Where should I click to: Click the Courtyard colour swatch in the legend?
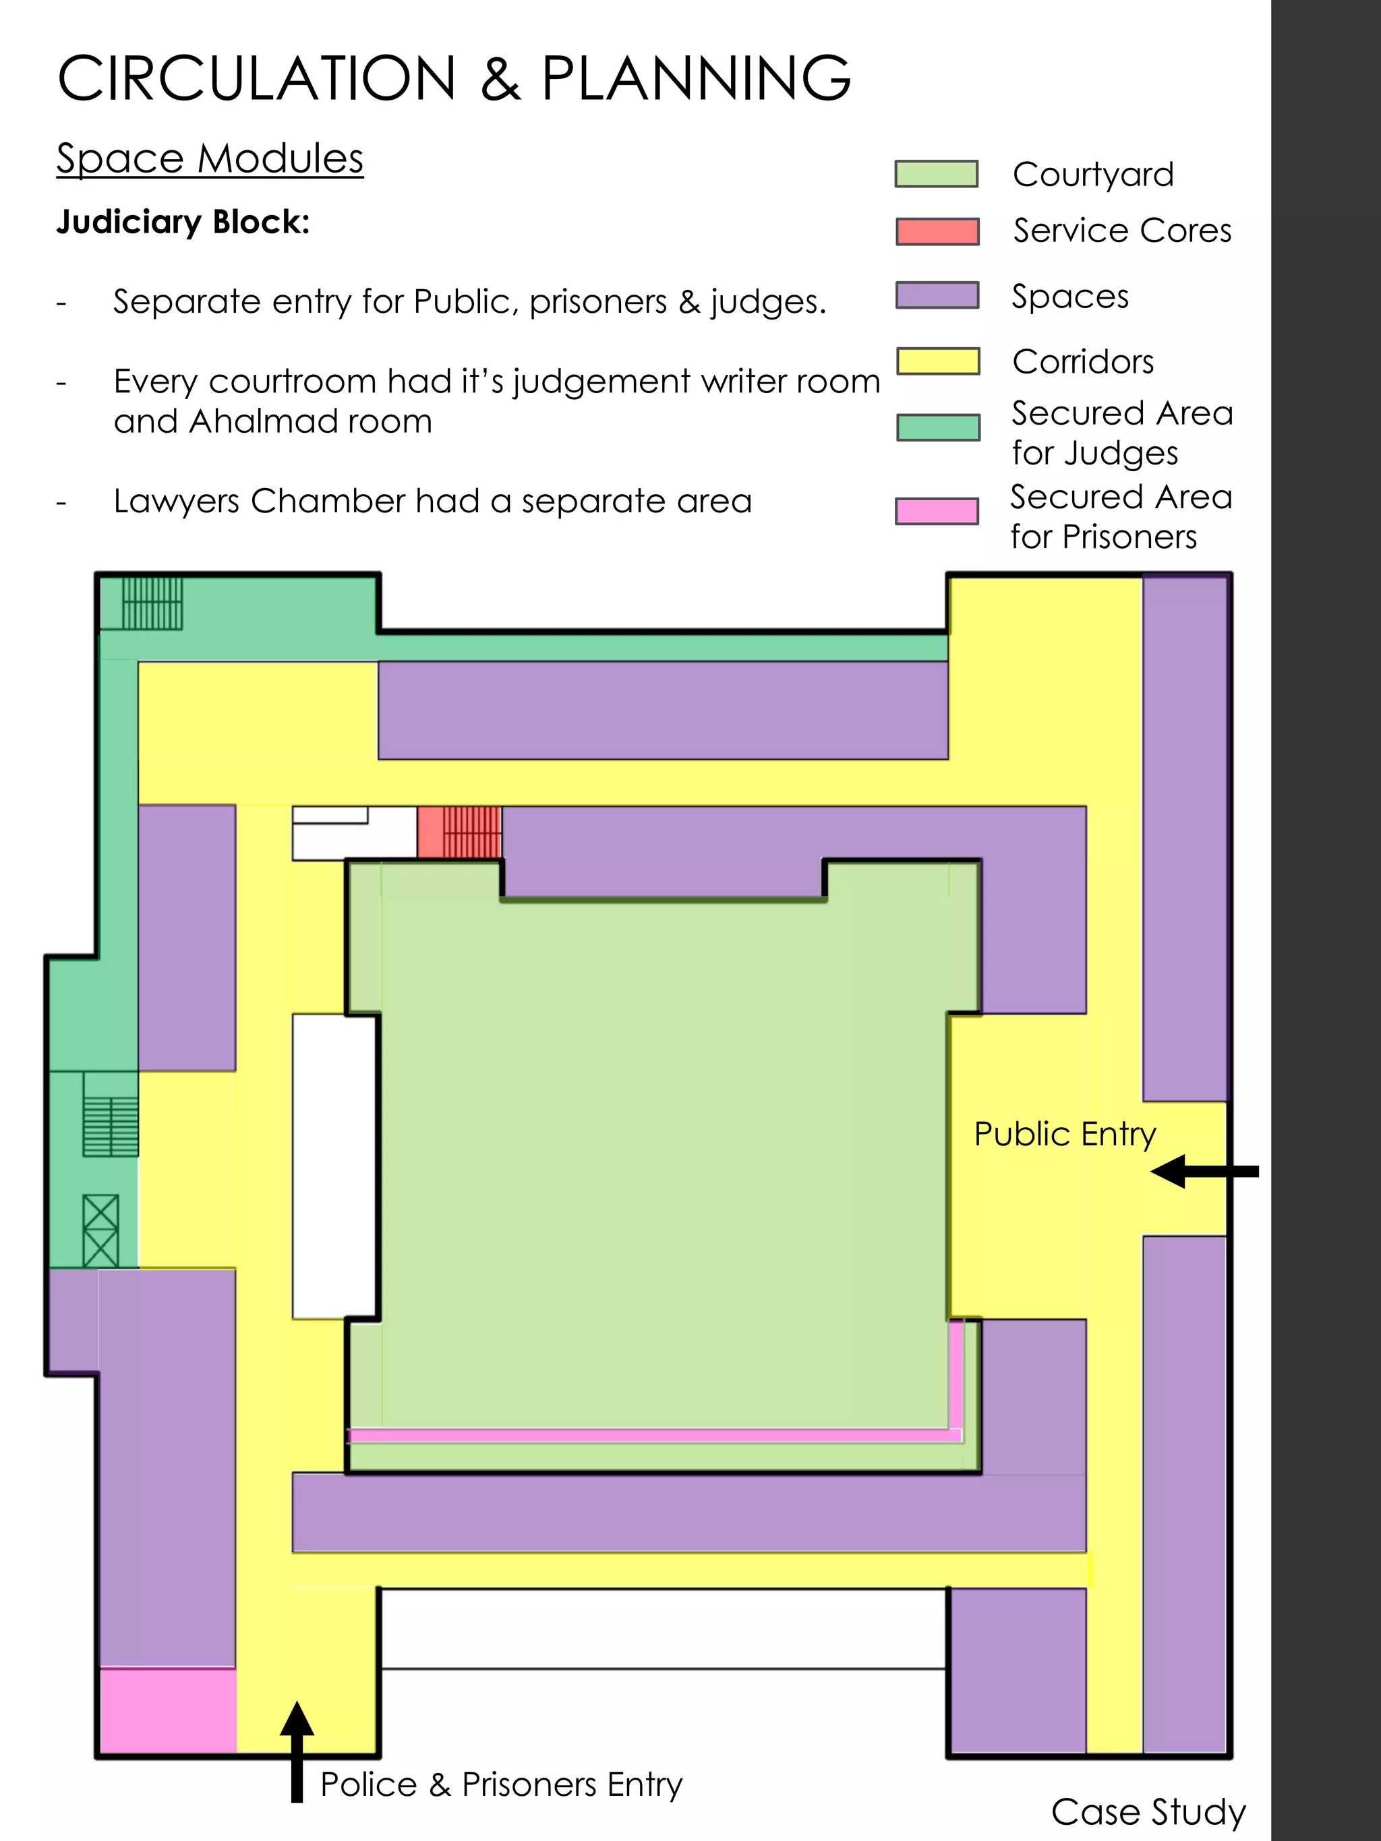coord(936,174)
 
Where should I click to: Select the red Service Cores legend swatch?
coord(937,231)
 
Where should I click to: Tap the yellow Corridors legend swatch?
coord(937,361)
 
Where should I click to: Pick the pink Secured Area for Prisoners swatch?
coord(937,511)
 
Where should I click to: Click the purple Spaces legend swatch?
coord(937,295)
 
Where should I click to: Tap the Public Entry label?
coord(1065,1135)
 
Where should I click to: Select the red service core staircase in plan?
coord(459,831)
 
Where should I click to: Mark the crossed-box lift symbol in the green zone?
coord(100,1230)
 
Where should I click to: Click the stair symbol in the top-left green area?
coord(152,603)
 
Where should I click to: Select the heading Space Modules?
coord(210,158)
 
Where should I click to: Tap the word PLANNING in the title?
coord(696,78)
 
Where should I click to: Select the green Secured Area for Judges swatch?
coord(937,427)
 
